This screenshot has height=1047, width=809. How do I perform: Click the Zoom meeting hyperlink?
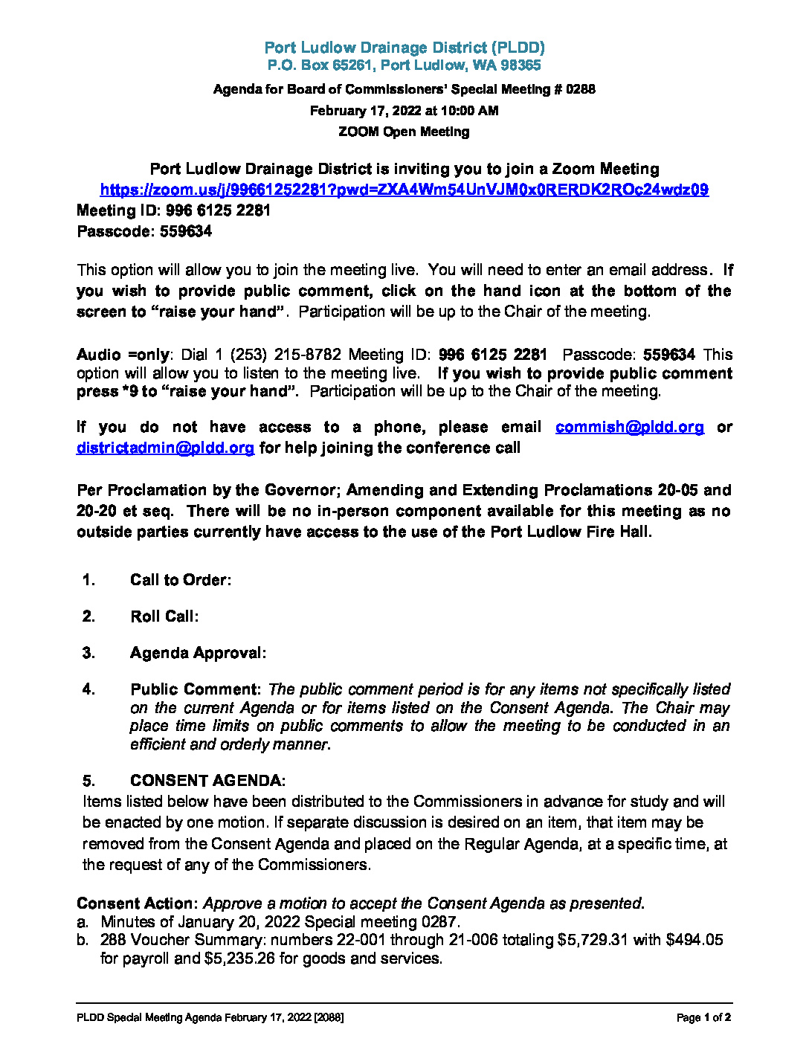click(x=404, y=190)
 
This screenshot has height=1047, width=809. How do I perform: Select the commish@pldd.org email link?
click(x=629, y=427)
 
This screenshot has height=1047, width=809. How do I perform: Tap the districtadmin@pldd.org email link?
click(x=165, y=448)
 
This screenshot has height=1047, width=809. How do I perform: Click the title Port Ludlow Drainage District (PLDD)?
click(x=404, y=48)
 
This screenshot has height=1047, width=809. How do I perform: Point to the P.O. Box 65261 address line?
click(x=404, y=65)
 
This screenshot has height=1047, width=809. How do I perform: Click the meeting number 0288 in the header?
click(x=580, y=89)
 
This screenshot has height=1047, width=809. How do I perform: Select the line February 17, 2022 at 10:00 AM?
click(x=404, y=111)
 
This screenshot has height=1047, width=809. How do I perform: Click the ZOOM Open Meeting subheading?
click(x=404, y=132)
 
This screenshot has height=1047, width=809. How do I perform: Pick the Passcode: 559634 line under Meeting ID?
click(x=144, y=231)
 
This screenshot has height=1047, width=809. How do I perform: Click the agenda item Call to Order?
click(x=180, y=580)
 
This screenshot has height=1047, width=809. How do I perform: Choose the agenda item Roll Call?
click(x=164, y=616)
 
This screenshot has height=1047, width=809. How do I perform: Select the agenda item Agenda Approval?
click(x=198, y=653)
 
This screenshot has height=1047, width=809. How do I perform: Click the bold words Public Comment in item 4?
click(x=195, y=689)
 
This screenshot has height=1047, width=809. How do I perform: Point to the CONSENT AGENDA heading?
click(x=207, y=781)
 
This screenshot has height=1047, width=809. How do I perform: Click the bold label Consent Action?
click(x=137, y=903)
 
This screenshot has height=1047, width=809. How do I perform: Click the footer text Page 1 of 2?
click(x=703, y=1017)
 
